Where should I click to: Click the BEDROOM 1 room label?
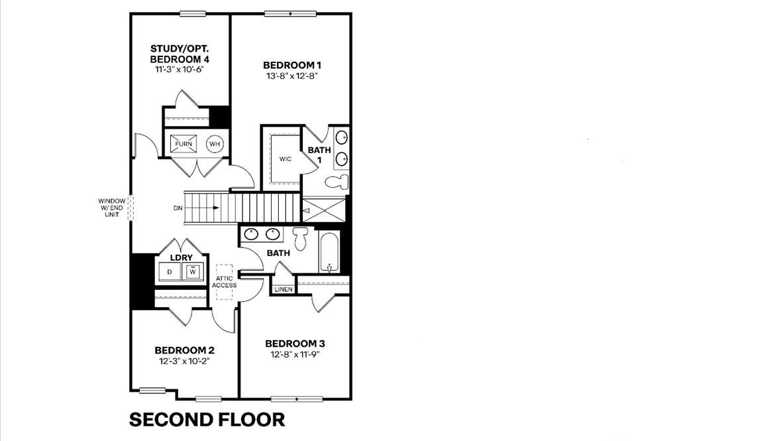coord(291,65)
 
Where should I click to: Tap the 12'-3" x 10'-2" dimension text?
coord(184,361)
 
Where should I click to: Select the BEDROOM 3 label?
coord(295,344)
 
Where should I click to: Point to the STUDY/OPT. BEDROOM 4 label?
coord(175,54)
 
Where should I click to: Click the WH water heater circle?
coord(215,144)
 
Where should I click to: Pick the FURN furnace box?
coord(183,144)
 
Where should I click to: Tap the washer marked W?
coord(193,271)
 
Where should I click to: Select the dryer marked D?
coord(170,272)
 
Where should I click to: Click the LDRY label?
coord(181,257)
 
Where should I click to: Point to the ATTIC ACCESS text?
coord(225,282)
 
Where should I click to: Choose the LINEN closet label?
coord(283,289)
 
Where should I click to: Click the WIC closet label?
coord(286,158)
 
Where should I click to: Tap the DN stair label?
coord(178,208)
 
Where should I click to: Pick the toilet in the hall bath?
coord(300,238)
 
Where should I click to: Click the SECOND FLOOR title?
coord(207,420)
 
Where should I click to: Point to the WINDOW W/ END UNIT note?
coord(111,208)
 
